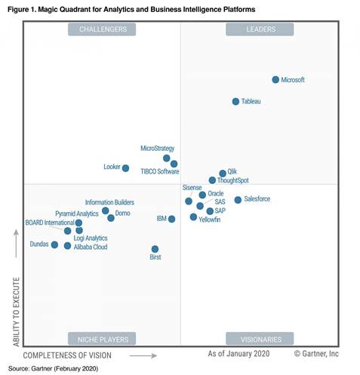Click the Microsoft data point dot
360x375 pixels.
pyautogui.click(x=275, y=79)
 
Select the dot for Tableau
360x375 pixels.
pyautogui.click(x=235, y=101)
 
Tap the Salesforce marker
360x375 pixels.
pyautogui.click(x=238, y=200)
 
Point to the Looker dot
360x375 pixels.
pyautogui.click(x=125, y=168)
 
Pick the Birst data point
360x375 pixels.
pyautogui.click(x=155, y=249)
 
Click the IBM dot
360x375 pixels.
pyautogui.click(x=172, y=219)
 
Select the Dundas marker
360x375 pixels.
pyautogui.click(x=54, y=244)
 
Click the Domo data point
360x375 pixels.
pyautogui.click(x=111, y=218)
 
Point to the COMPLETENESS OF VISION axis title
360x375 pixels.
pyautogui.click(x=67, y=355)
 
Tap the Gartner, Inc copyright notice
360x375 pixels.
pyautogui.click(x=316, y=353)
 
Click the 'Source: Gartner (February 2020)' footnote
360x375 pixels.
pyautogui.click(x=53, y=368)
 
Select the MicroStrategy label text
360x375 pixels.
pyautogui.click(x=157, y=149)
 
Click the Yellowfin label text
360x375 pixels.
pyautogui.click(x=209, y=219)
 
